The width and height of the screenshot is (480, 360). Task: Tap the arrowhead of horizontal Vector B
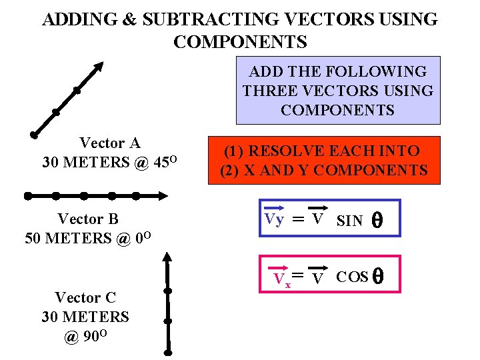(163, 196)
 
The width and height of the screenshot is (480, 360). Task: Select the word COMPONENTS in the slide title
(240, 42)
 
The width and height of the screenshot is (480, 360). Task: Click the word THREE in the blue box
(265, 91)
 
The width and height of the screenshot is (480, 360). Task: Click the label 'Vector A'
(110, 143)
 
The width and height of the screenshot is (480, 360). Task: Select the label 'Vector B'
(88, 219)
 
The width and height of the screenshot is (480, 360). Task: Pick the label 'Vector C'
(85, 297)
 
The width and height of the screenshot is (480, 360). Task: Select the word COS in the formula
(353, 277)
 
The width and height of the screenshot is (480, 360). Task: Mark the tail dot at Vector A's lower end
(33, 134)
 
